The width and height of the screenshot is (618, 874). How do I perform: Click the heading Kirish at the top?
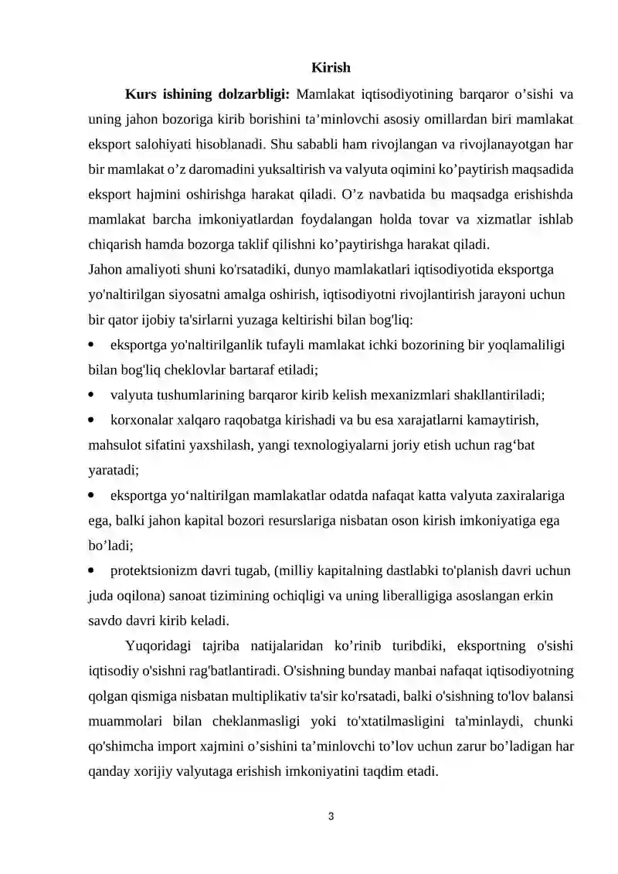[x=331, y=69]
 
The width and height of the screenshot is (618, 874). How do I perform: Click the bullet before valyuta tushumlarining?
[x=93, y=395]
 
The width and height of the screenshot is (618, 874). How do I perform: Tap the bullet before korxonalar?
[x=93, y=420]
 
